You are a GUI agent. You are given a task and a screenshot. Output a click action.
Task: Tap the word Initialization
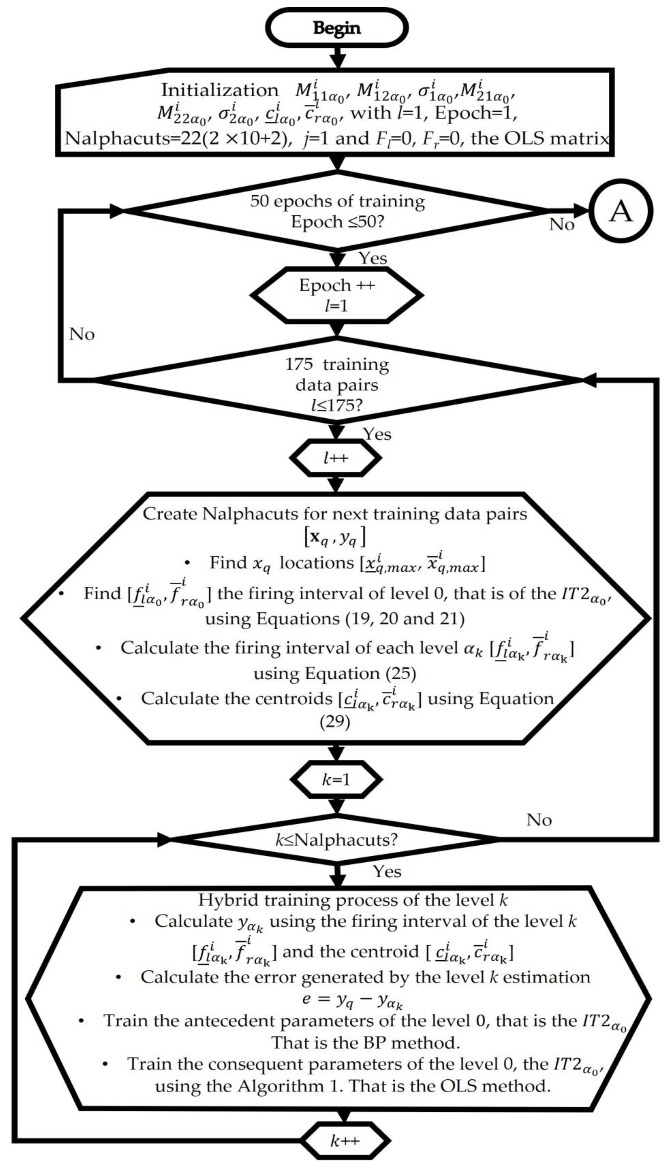(220, 90)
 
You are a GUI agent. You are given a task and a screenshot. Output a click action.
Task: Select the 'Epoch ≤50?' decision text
(337, 222)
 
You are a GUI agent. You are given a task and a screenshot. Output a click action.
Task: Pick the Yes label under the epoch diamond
(373, 258)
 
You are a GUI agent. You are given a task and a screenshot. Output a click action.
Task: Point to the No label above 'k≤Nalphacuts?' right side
(539, 820)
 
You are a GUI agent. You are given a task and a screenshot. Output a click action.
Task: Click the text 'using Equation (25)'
(335, 674)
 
